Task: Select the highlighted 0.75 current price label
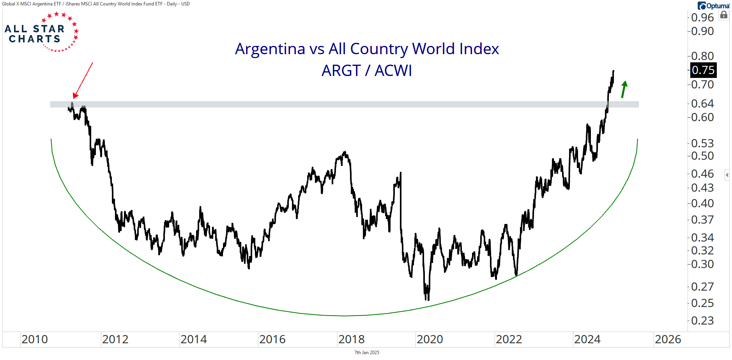point(703,70)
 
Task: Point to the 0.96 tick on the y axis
point(702,18)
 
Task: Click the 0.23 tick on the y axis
point(702,321)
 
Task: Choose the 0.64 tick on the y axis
point(702,104)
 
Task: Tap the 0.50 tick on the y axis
point(702,156)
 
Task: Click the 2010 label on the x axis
point(35,339)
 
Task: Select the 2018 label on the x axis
point(351,339)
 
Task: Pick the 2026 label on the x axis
point(668,339)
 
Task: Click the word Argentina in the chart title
point(270,49)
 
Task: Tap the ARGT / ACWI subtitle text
point(366,71)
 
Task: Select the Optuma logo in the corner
point(713,6)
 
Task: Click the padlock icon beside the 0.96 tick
point(724,15)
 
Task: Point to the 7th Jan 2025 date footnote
point(366,353)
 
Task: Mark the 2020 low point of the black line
point(427,299)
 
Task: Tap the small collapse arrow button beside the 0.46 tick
point(727,175)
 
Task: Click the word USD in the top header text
point(186,4)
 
